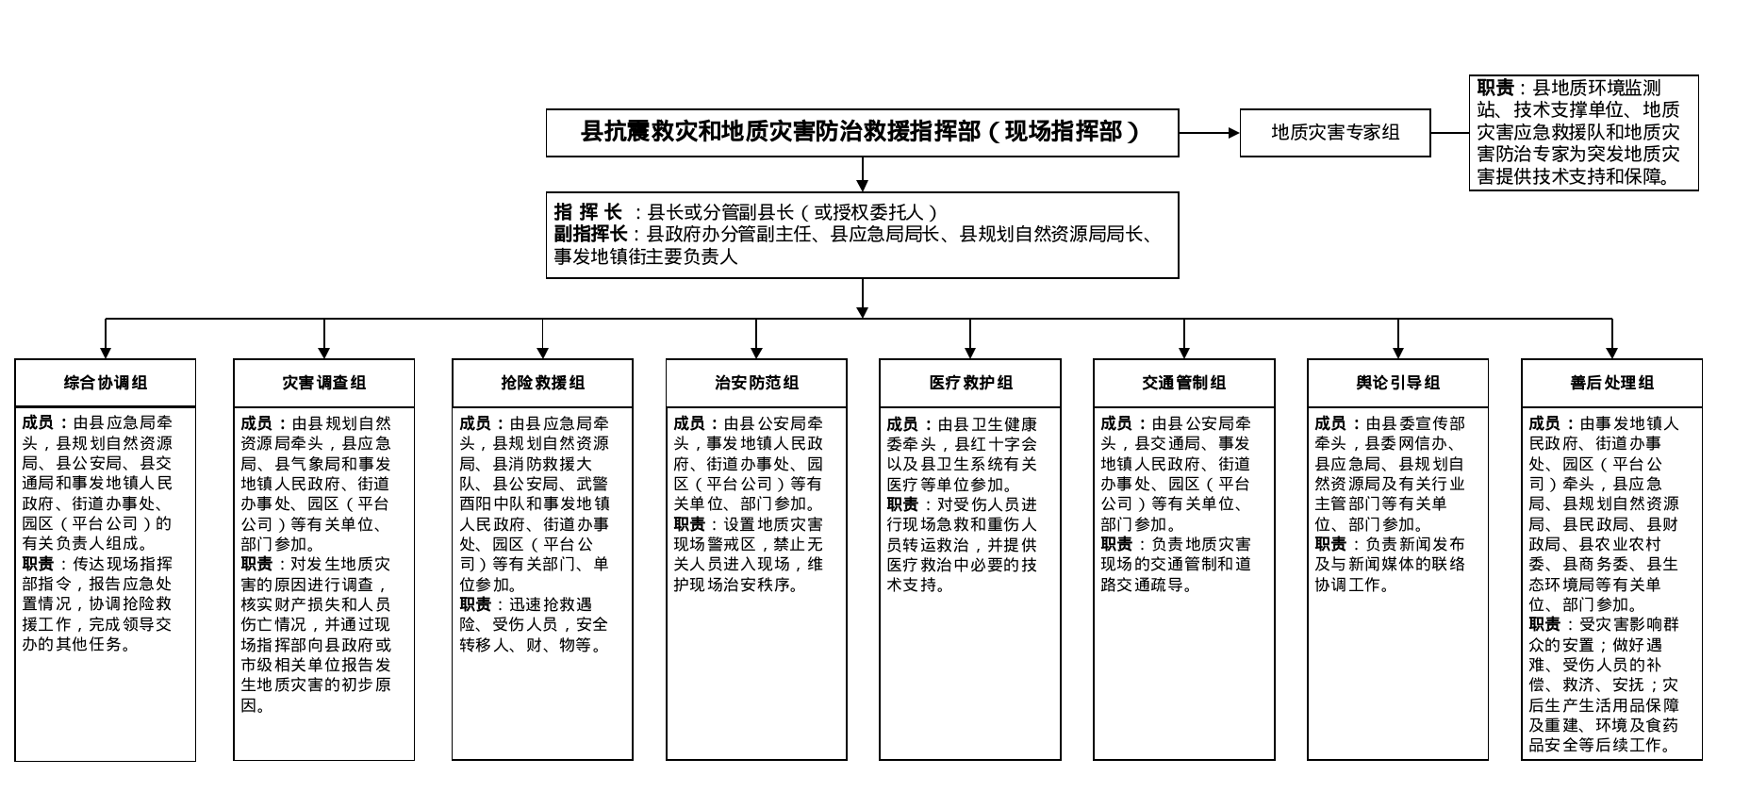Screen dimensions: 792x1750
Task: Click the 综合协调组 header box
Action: tap(106, 383)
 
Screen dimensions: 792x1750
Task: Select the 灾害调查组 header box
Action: tap(324, 383)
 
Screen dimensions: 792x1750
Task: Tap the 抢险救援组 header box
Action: tap(542, 383)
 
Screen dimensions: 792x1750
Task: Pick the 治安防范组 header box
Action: tap(756, 383)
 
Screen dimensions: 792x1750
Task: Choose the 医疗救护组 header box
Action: tap(970, 383)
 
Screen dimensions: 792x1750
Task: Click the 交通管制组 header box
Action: tap(1184, 383)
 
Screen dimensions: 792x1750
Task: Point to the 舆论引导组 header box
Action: tap(1397, 383)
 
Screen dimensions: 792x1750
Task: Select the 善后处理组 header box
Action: tap(1612, 383)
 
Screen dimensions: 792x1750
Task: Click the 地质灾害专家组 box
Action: tap(1335, 133)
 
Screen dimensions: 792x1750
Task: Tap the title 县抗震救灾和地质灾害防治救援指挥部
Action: tap(862, 132)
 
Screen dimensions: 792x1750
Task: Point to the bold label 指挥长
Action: tap(587, 213)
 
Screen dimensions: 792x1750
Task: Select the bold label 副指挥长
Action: tap(590, 235)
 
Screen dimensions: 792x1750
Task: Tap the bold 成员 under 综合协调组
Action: tap(38, 423)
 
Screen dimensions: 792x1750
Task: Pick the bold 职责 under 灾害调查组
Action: tap(256, 564)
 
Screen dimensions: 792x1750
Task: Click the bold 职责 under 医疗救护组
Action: tap(902, 504)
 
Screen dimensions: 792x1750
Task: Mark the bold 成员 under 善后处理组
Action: tap(1544, 423)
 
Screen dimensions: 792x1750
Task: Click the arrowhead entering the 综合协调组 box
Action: tap(106, 353)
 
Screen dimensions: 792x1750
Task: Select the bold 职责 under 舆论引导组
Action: tap(1330, 544)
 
